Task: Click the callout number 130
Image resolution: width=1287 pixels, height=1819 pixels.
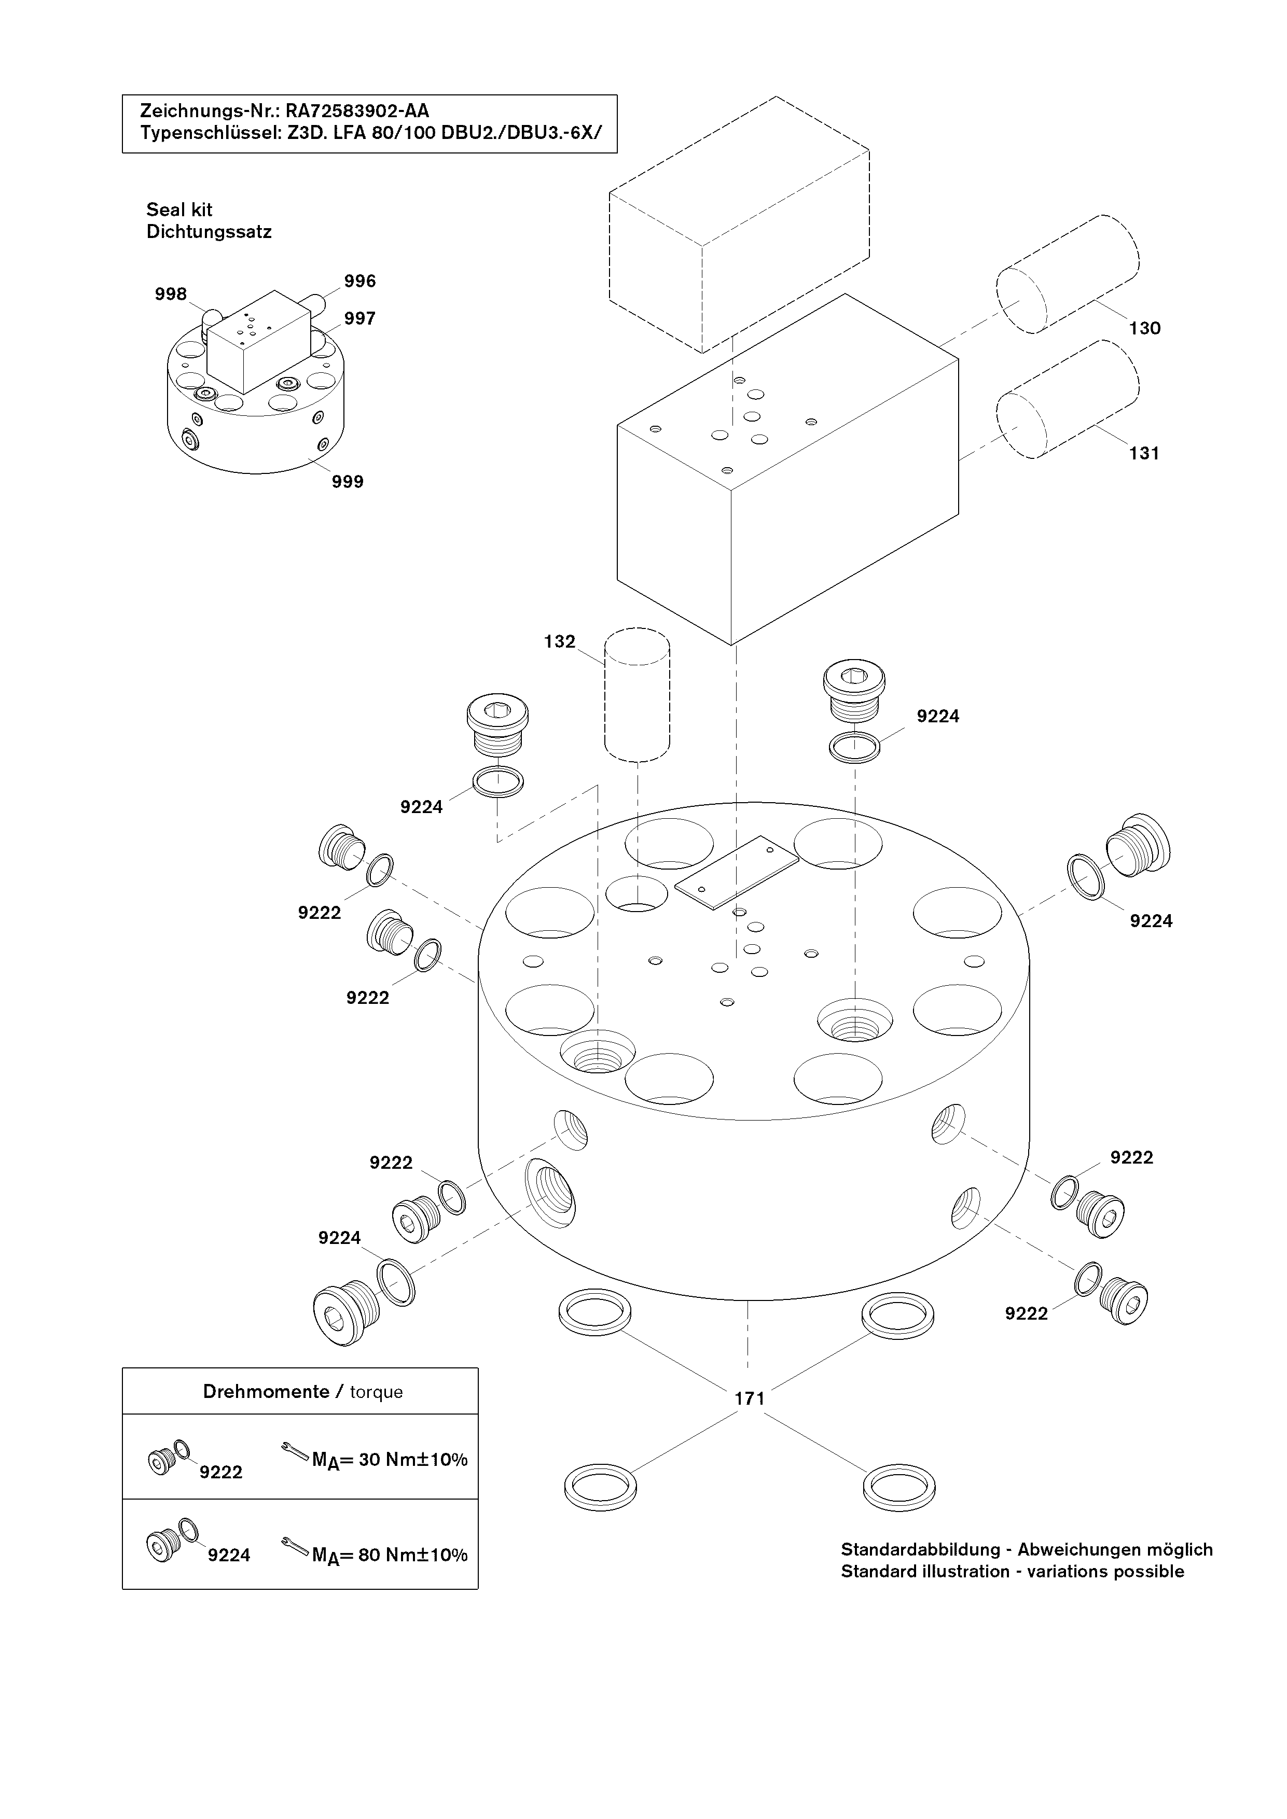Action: (x=1144, y=328)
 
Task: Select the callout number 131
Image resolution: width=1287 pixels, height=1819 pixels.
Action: (x=1144, y=453)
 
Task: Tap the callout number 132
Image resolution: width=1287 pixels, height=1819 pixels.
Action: (x=560, y=642)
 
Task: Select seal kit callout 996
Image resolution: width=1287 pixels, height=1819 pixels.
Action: (x=360, y=281)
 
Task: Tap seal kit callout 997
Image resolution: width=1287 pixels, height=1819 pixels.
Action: (x=360, y=318)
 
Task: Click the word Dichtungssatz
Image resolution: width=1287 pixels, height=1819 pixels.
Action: (x=209, y=232)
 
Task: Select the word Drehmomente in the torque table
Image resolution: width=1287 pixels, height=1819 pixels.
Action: (x=266, y=1392)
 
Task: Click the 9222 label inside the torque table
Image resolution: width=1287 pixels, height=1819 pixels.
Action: (x=220, y=1472)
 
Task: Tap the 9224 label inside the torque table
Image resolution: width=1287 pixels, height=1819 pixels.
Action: (x=229, y=1555)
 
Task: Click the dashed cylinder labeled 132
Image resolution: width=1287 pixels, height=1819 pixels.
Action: (x=637, y=695)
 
